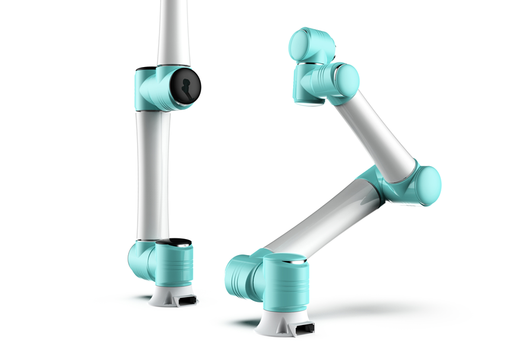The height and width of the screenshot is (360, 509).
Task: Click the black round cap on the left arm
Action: point(185,86)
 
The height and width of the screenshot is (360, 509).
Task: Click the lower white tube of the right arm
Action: point(320,219)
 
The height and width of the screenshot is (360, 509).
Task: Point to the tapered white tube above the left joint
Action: point(173,33)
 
